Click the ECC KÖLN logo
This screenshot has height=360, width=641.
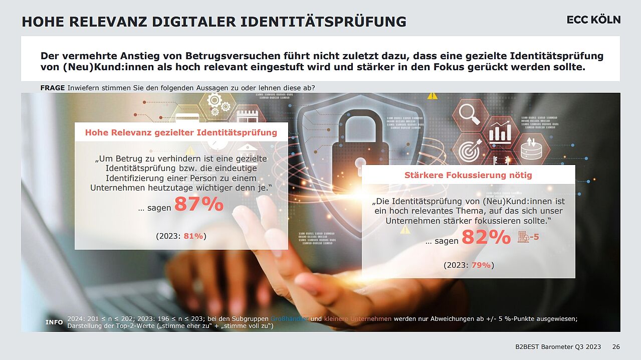(x=593, y=20)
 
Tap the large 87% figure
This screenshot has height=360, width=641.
(x=198, y=205)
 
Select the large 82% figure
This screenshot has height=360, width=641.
(x=486, y=237)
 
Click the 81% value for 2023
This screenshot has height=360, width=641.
(x=193, y=236)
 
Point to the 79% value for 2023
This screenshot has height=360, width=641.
(x=481, y=265)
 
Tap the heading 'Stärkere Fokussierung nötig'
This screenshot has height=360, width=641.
(x=468, y=175)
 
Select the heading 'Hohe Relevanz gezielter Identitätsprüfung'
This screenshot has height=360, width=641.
(x=181, y=132)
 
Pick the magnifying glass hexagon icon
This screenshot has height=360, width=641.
(x=470, y=114)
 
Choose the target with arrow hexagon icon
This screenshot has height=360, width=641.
(x=470, y=150)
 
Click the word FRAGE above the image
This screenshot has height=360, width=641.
(x=53, y=88)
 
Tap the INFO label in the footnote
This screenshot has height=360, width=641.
(x=54, y=322)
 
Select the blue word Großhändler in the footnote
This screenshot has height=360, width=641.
(x=290, y=319)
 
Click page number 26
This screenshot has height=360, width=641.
(x=616, y=347)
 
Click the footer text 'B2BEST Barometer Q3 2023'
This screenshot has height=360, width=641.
(x=558, y=347)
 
